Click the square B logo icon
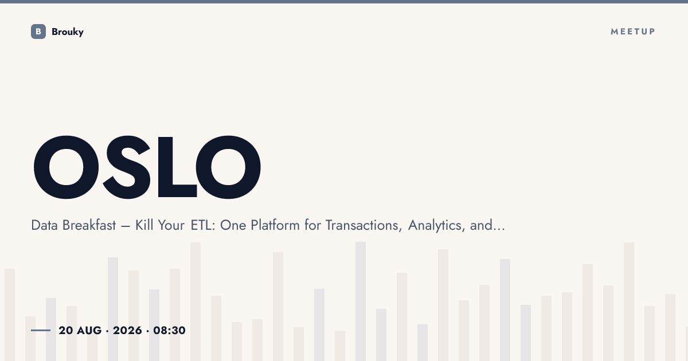[38, 32]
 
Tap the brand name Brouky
[68, 32]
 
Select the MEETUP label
[633, 32]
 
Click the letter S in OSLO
[127, 167]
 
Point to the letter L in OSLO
[177, 167]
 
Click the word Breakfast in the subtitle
[89, 225]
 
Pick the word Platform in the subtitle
[275, 225]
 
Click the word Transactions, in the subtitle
[363, 225]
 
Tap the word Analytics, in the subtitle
[436, 226]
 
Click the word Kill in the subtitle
[144, 225]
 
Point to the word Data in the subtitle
[45, 225]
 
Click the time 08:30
[169, 331]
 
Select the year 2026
[127, 331]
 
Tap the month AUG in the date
[89, 331]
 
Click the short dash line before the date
[41, 330]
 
